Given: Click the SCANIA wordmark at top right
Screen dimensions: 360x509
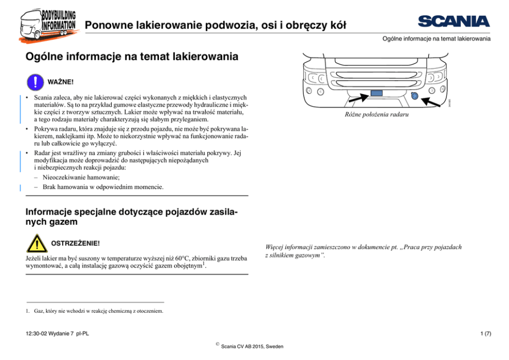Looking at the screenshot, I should (x=454, y=21).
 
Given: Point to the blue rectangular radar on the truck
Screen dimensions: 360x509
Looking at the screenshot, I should (x=377, y=93).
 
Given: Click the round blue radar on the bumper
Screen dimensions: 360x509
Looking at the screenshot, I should (x=415, y=96).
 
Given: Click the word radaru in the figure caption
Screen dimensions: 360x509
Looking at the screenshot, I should (x=398, y=115).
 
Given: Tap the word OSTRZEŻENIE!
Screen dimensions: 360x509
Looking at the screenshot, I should (x=73, y=243).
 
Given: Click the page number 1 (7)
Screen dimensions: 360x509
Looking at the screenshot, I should (x=483, y=333).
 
